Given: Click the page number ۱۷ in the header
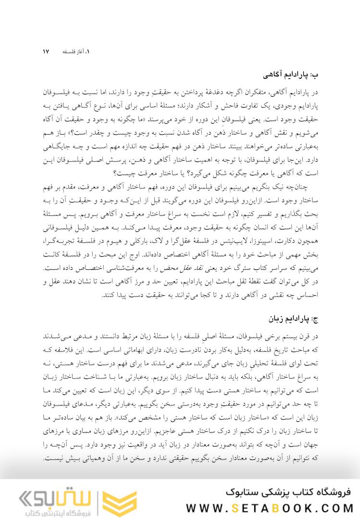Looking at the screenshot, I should point(46,51).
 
